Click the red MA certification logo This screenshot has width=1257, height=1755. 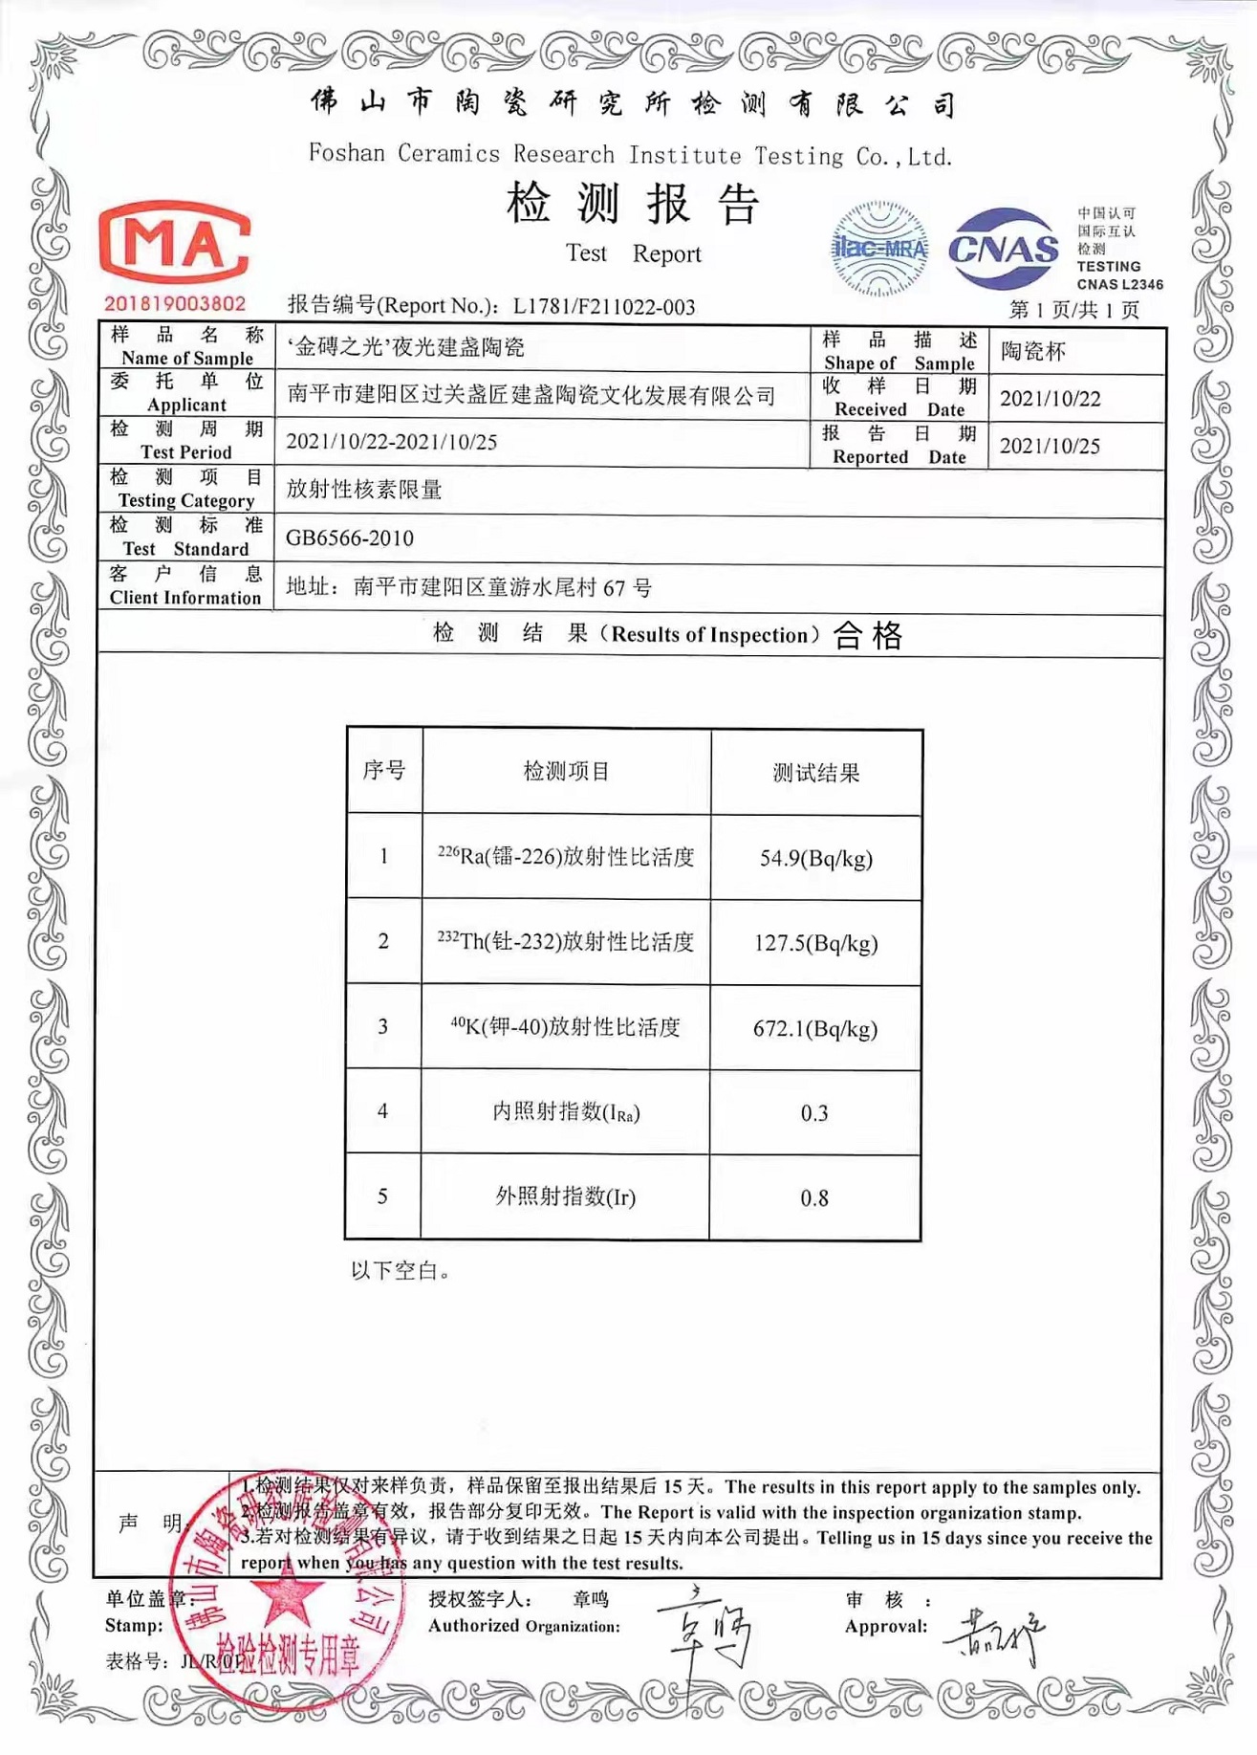(x=175, y=243)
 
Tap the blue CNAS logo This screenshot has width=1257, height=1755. (x=1003, y=250)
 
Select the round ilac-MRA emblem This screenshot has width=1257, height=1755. (x=879, y=249)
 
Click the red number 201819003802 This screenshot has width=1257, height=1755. (x=175, y=304)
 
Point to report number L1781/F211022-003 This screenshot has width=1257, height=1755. (x=603, y=307)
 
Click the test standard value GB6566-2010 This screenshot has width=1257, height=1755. (x=350, y=538)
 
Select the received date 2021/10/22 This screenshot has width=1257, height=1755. (x=1050, y=399)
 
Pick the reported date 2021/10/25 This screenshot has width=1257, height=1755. (x=1050, y=446)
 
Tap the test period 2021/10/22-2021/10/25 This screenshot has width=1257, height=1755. (x=392, y=442)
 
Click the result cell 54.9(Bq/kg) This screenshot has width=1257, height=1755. (x=815, y=858)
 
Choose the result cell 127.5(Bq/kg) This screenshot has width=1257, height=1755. (x=815, y=943)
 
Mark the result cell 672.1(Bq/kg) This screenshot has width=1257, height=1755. (x=815, y=1028)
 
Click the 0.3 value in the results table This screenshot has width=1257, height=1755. (x=814, y=1113)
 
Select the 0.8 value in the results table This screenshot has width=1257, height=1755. (x=814, y=1198)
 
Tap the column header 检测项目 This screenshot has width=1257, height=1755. (x=566, y=772)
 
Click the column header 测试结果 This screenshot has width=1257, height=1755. (x=815, y=773)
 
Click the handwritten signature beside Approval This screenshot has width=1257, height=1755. (x=994, y=1636)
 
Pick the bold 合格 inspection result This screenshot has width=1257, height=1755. (x=868, y=635)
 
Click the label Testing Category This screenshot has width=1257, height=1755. (x=186, y=500)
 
